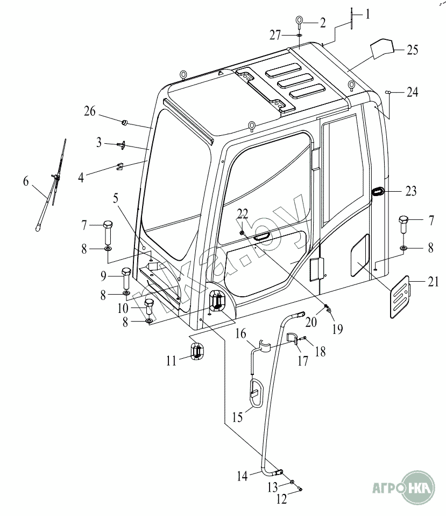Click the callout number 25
click(x=412, y=50)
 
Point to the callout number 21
click(x=434, y=281)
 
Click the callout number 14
click(x=242, y=476)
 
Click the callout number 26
click(x=90, y=112)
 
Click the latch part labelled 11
click(x=197, y=352)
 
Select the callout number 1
click(x=368, y=15)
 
